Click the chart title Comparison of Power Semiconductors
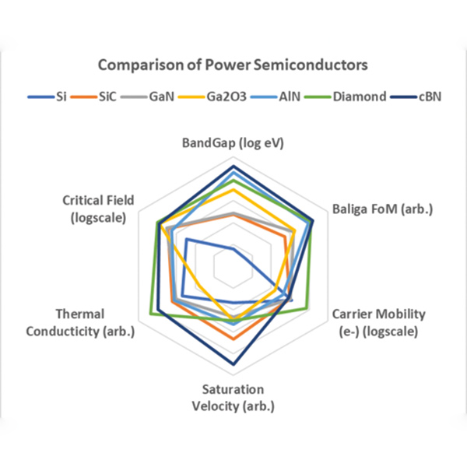233,64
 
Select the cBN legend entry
424,97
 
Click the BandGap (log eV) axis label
233,143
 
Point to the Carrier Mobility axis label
378,322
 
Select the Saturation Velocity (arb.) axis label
233,397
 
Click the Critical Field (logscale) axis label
98,209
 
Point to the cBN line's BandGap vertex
233,166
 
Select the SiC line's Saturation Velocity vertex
233,339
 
